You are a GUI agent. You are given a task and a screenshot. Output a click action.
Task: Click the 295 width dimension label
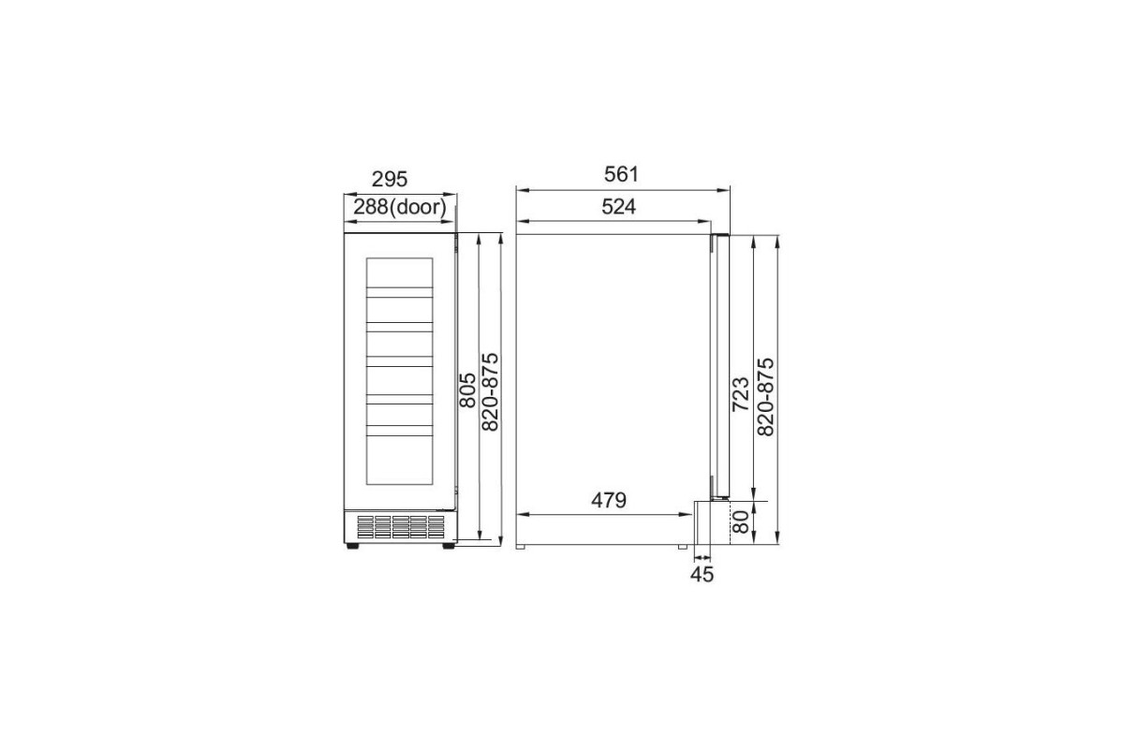pos(390,179)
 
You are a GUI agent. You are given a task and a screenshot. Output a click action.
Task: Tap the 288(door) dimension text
pos(400,207)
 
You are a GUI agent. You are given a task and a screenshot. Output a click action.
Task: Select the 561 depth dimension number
pos(621,174)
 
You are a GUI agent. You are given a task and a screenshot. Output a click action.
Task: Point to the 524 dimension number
pos(619,207)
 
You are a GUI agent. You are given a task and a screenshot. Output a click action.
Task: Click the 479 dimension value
pos(609,500)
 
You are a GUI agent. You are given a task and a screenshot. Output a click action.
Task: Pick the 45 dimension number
pos(702,575)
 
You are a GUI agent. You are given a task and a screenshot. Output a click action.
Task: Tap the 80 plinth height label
pos(741,521)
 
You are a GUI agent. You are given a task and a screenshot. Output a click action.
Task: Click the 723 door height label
pos(741,394)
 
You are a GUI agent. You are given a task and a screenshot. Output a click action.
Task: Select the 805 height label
pos(467,389)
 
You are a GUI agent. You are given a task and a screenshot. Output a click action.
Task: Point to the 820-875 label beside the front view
pos(490,391)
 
